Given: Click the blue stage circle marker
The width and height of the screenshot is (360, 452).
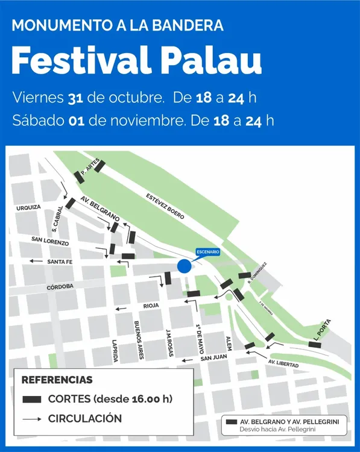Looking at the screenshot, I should click(185, 266).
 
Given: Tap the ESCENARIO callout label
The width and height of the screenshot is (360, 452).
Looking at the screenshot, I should click(208, 251).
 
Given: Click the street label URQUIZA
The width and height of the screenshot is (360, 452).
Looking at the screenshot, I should click(28, 207).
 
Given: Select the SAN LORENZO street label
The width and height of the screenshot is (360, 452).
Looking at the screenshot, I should click(50, 241).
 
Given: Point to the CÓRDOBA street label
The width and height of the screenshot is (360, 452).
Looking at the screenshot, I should click(60, 287).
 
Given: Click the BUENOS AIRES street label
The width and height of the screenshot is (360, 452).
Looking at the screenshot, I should click(139, 340).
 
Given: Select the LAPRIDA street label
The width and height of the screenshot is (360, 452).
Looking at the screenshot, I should click(115, 350).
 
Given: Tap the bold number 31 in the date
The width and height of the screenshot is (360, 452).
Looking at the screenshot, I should click(75, 97).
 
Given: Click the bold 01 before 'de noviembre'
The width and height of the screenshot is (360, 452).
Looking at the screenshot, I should click(76, 120).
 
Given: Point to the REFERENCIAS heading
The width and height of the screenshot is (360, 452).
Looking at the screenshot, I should click(57, 380).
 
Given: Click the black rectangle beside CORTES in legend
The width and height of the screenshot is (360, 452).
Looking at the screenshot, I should click(31, 399).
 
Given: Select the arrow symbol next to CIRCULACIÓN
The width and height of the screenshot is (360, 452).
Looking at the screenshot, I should click(31, 418).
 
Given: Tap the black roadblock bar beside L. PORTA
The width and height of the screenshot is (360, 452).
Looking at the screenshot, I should click(315, 345).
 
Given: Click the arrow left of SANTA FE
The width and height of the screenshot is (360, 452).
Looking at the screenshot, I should click(36, 262).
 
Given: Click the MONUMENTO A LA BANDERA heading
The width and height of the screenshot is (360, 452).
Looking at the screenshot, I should click(118, 25).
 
